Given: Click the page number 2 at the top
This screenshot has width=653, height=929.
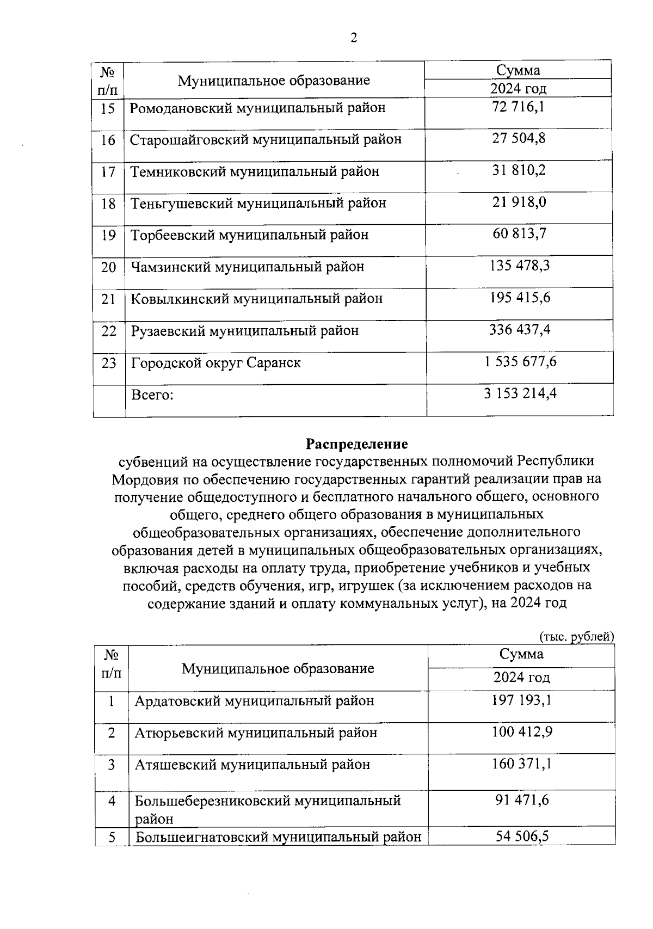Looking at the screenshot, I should click(354, 38).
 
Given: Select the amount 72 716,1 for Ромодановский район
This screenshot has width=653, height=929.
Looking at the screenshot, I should click(518, 107).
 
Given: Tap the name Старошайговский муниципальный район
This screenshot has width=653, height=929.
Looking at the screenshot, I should click(266, 140).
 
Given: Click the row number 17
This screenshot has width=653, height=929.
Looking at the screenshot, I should click(108, 172).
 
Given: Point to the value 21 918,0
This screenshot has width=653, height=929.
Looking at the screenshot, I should click(519, 202).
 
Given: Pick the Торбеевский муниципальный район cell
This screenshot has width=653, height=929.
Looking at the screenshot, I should click(249, 235).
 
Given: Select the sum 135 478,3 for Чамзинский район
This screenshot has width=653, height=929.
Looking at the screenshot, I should click(519, 266).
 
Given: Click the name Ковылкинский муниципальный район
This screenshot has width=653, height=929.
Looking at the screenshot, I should click(256, 299).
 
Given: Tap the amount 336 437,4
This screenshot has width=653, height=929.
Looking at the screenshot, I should click(520, 330).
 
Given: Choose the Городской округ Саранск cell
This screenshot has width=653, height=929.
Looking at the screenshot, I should click(215, 362).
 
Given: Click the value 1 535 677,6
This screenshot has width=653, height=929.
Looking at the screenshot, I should click(520, 362).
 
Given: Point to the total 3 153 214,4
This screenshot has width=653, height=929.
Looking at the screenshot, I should click(520, 393).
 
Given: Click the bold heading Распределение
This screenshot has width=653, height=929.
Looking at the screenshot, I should click(356, 444).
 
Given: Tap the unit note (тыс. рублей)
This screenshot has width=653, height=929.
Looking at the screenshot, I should click(576, 636).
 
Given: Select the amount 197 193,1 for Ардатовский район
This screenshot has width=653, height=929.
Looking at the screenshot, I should click(522, 700).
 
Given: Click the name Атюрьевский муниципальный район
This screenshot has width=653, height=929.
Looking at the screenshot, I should click(256, 733).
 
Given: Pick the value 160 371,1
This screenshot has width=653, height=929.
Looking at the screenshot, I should click(522, 764).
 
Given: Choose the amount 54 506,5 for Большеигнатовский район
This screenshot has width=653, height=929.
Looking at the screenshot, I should click(522, 836).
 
